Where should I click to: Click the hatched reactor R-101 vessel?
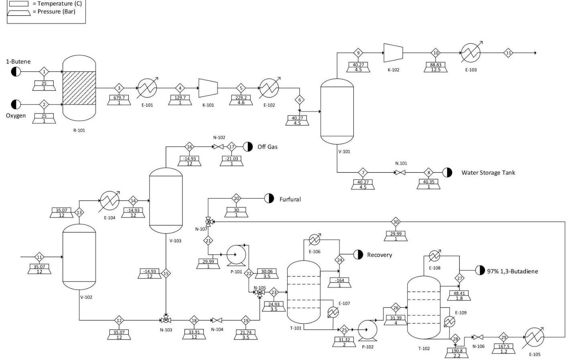[x=79, y=88]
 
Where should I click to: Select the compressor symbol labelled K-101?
[x=208, y=88]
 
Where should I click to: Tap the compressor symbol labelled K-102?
[x=393, y=53]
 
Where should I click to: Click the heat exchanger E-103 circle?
[x=471, y=53]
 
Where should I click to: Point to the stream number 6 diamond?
[x=300, y=100]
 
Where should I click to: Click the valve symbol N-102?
[x=219, y=147]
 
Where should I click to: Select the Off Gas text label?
[x=267, y=147]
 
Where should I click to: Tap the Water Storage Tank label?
[x=488, y=173]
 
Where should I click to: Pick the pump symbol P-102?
[x=367, y=330]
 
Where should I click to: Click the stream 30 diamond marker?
[x=396, y=222]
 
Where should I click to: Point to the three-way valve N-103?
[x=166, y=320]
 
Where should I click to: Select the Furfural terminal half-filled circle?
[x=269, y=198]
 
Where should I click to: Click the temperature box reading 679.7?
[x=119, y=98]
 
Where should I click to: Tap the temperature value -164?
[x=340, y=280]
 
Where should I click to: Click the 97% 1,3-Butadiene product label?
[x=512, y=271]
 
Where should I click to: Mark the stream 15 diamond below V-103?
[x=166, y=274]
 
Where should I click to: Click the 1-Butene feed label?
[x=18, y=61]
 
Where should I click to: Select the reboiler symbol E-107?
[x=333, y=312]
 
